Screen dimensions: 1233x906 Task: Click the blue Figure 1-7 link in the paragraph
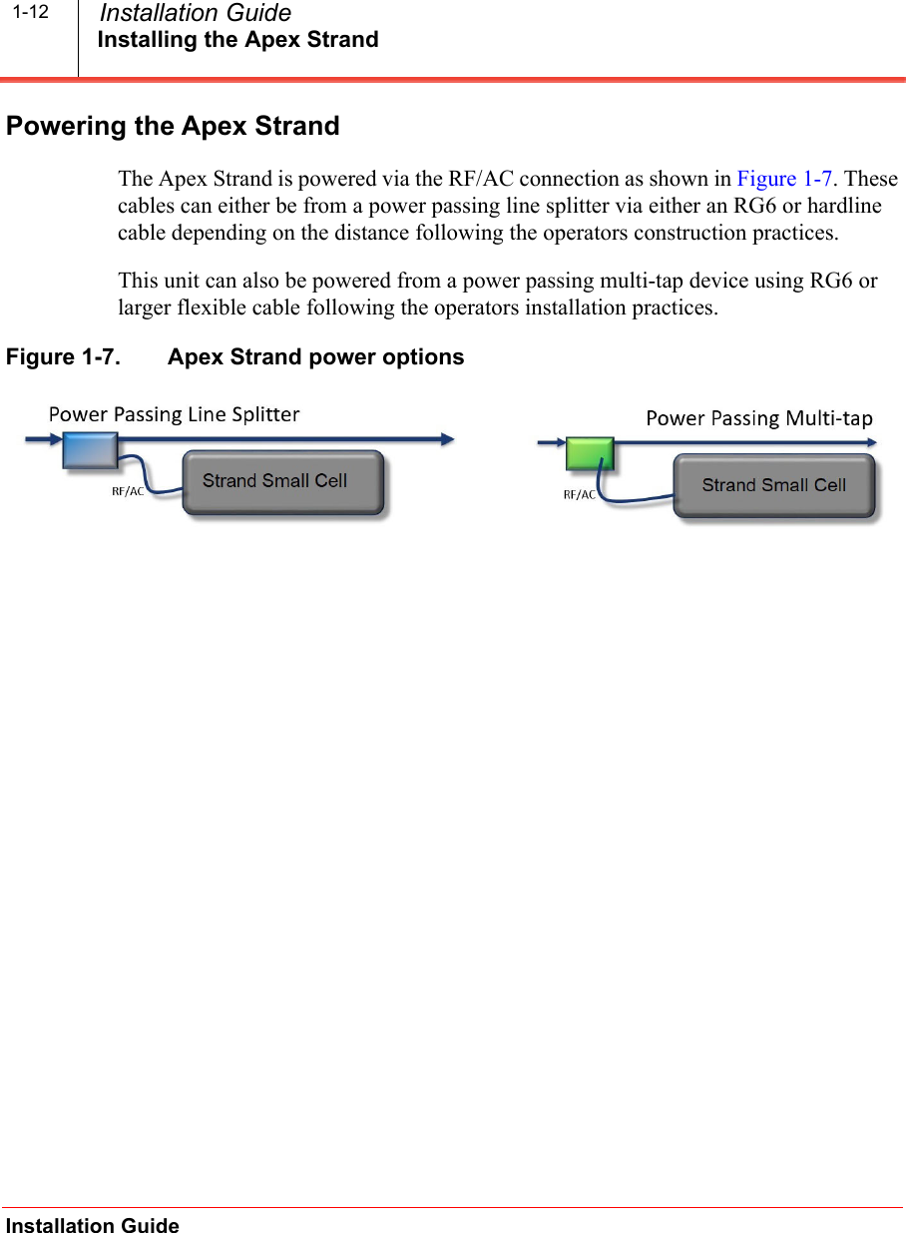(x=784, y=180)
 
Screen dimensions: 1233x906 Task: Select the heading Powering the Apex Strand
(x=173, y=127)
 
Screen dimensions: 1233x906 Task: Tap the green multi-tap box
(x=589, y=453)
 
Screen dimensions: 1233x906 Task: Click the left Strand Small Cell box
(x=282, y=482)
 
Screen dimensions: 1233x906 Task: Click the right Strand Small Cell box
(x=774, y=486)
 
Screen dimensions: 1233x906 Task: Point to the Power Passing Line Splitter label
(x=175, y=414)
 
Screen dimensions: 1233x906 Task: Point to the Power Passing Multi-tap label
(x=758, y=418)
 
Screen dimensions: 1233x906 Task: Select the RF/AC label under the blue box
(x=128, y=491)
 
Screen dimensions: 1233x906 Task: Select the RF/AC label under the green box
(x=580, y=494)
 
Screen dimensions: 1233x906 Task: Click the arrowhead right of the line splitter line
(x=448, y=438)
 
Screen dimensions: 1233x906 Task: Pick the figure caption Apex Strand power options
(x=315, y=357)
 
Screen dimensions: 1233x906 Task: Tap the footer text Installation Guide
(x=93, y=1226)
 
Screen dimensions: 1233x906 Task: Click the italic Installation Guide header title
(x=196, y=14)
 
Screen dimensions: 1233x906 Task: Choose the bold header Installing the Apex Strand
(x=237, y=40)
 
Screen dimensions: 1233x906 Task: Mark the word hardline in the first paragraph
(x=846, y=207)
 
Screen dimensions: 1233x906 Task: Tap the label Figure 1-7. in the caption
(x=64, y=357)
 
